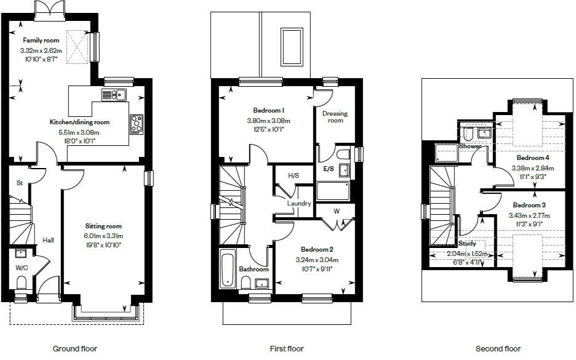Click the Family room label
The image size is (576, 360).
coord(42,40)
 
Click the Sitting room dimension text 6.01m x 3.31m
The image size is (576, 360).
coord(103,236)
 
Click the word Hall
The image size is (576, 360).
coord(48,240)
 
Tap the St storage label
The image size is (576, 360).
coord(20,183)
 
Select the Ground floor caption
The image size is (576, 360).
coord(74,349)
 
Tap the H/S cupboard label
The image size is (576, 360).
coord(294,176)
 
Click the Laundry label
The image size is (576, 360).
coord(299,204)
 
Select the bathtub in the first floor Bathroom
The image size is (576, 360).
coord(227,269)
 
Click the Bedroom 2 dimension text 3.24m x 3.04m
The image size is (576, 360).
coord(317,260)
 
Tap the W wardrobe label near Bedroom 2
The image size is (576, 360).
coord(336,211)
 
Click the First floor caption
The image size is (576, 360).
coord(287,349)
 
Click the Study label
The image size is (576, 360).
coord(467,244)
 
